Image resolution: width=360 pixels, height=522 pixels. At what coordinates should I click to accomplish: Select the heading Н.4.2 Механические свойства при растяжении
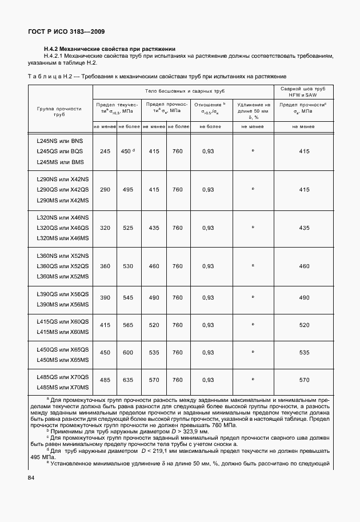click(x=105, y=49)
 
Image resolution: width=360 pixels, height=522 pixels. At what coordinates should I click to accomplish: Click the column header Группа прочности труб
click(x=59, y=111)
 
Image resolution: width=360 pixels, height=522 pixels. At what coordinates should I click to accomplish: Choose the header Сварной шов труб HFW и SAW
click(x=304, y=92)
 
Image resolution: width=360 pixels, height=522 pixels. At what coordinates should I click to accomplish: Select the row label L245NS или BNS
click(x=59, y=141)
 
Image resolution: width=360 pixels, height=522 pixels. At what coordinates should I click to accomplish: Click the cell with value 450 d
click(x=127, y=151)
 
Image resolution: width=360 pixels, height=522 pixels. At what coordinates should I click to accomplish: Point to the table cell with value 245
click(x=105, y=151)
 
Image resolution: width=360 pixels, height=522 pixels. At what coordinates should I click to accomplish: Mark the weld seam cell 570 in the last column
click(x=304, y=380)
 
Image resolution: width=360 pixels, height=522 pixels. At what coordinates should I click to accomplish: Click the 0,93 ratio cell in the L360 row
click(x=208, y=266)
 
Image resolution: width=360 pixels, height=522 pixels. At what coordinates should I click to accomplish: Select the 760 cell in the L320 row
click(x=178, y=228)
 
